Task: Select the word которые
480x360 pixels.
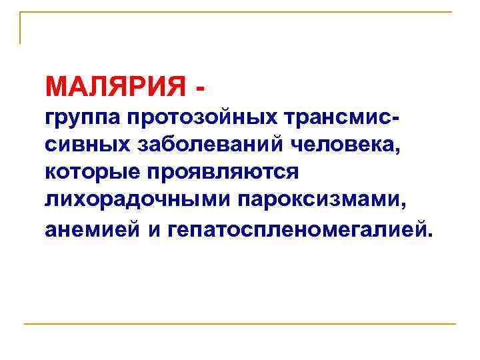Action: click(89, 171)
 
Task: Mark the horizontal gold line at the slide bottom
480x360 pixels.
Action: click(240, 324)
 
